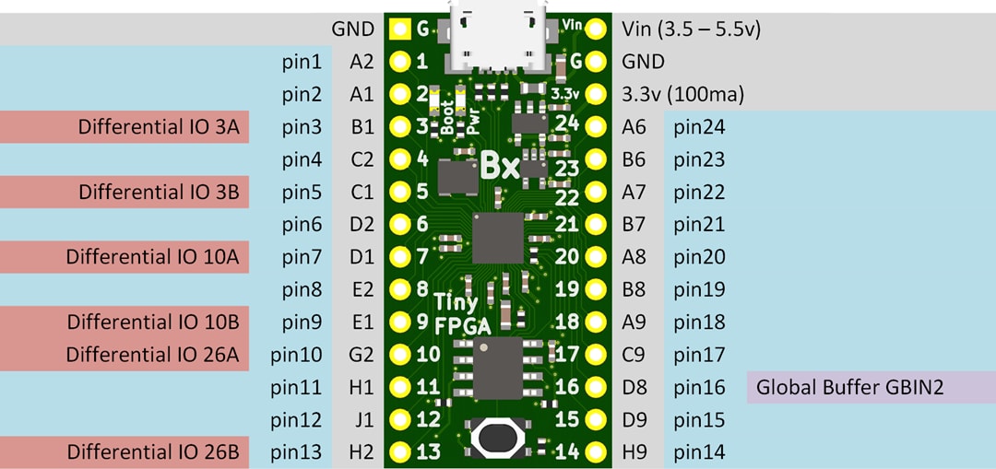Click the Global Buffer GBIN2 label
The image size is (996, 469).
pyautogui.click(x=848, y=387)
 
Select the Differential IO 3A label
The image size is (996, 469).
pyautogui.click(x=159, y=127)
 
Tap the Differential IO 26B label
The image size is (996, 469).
pyautogui.click(x=152, y=452)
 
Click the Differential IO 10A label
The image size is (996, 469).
pyautogui.click(x=152, y=257)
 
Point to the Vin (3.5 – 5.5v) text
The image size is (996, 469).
pyautogui.click(x=692, y=29)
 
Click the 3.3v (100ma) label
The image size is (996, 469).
pyautogui.click(x=683, y=94)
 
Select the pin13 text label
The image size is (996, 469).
pyautogui.click(x=297, y=452)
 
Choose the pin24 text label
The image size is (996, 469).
pyautogui.click(x=699, y=127)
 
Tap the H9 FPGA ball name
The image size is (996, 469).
pyautogui.click(x=634, y=452)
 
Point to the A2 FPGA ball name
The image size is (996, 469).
pyautogui.click(x=362, y=62)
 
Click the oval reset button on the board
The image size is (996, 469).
pyautogui.click(x=498, y=438)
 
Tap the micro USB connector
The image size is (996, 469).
pyautogui.click(x=498, y=35)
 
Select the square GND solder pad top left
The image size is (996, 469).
pyautogui.click(x=399, y=29)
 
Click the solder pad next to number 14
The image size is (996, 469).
pyautogui.click(x=596, y=452)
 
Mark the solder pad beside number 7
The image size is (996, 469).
pyautogui.click(x=399, y=257)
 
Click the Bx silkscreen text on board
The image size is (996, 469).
pyautogui.click(x=501, y=167)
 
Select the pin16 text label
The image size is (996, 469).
pyautogui.click(x=699, y=387)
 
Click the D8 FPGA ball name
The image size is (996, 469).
pyautogui.click(x=634, y=387)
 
